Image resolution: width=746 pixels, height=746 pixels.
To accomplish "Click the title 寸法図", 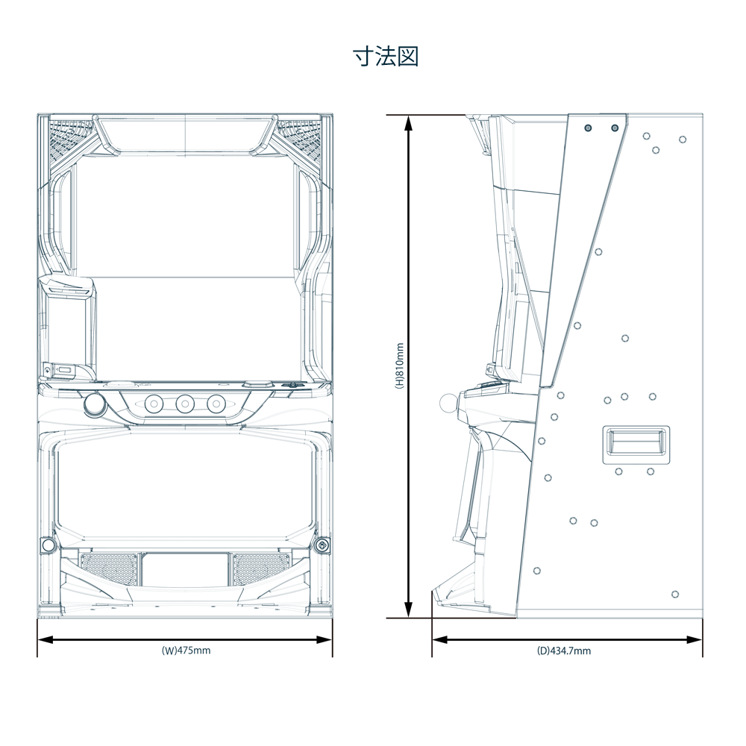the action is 386,57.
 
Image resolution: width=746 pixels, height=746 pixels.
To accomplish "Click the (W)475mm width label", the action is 186,651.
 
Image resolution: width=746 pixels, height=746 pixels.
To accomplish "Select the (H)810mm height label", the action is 400,366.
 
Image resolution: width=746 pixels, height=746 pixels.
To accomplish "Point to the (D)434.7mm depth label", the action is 564,651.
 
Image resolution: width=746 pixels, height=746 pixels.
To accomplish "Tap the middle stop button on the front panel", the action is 185,404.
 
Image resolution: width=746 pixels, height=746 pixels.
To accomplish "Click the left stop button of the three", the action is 154,404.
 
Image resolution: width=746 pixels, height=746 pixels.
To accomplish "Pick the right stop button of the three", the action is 216,404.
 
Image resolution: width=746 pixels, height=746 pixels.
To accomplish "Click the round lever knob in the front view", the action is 94,404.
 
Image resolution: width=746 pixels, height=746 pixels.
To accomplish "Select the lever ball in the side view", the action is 448,404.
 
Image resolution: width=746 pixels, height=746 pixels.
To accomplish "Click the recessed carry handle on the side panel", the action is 636,445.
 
